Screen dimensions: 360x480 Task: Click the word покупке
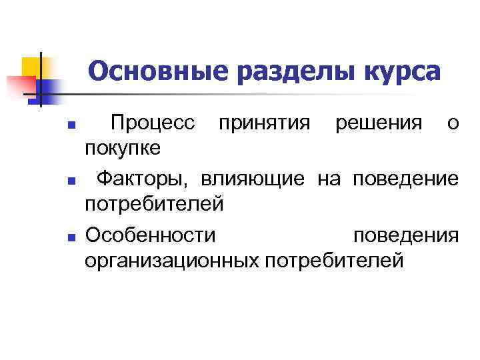(x=123, y=147)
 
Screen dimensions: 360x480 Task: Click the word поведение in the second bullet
(x=405, y=179)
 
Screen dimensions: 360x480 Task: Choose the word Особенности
(x=150, y=236)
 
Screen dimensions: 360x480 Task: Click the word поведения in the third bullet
(x=405, y=236)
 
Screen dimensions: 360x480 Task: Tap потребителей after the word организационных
(x=334, y=260)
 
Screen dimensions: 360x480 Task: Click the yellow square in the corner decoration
(x=31, y=67)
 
